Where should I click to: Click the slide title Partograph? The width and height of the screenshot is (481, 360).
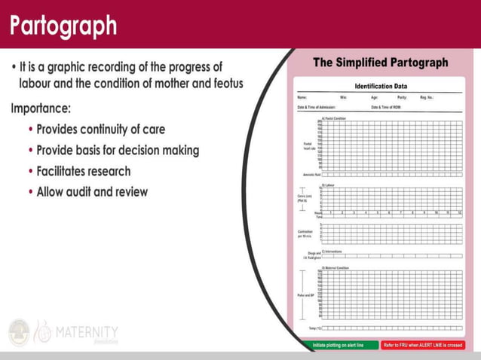(x=64, y=26)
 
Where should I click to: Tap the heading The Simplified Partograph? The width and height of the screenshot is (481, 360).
(x=381, y=63)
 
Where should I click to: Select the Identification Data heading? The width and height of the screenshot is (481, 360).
(x=381, y=87)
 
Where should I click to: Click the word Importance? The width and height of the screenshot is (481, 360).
(x=45, y=108)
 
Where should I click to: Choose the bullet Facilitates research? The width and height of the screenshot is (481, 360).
(x=84, y=171)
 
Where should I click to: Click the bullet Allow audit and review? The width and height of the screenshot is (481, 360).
(x=92, y=191)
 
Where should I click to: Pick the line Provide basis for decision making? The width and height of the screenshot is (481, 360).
(x=118, y=151)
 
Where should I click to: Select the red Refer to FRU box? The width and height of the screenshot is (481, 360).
(x=422, y=345)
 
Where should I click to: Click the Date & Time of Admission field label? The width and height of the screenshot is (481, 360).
(x=316, y=108)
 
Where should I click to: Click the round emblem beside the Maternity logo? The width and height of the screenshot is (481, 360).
(x=19, y=333)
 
